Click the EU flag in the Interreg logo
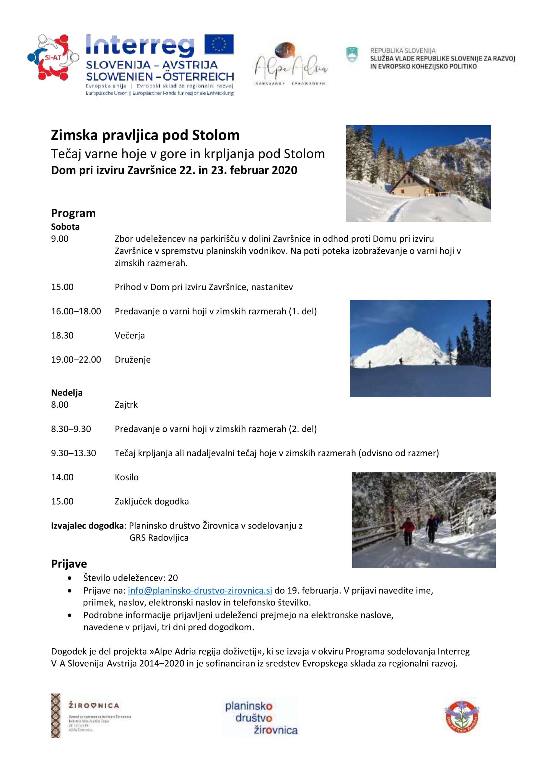[x=219, y=44]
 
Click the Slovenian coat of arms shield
[x=352, y=54]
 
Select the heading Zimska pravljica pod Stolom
[x=145, y=135]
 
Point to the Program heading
[x=73, y=213]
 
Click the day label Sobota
[x=65, y=227]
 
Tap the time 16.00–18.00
[x=76, y=311]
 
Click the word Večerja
[x=130, y=335]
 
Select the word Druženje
[x=133, y=359]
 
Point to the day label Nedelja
[x=67, y=392]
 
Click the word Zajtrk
[x=126, y=405]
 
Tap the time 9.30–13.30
[x=73, y=453]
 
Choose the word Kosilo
[x=127, y=477]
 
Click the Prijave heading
[x=69, y=564]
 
